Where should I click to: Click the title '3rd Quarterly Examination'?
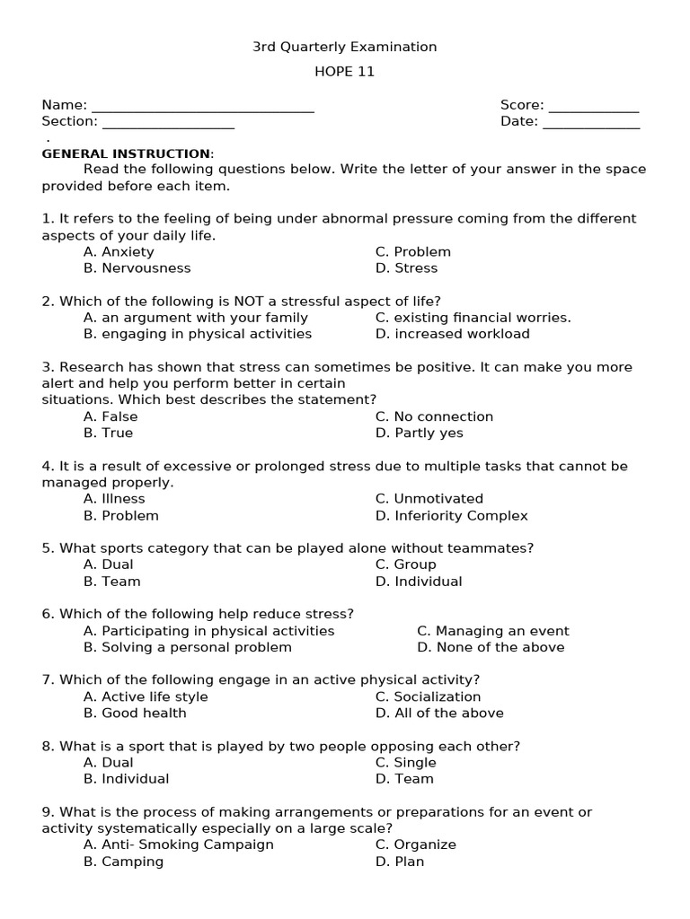pyautogui.click(x=344, y=47)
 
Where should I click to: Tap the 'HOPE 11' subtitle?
pyautogui.click(x=344, y=72)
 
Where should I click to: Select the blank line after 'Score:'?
pyautogui.click(x=593, y=107)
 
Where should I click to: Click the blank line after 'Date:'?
pyautogui.click(x=591, y=123)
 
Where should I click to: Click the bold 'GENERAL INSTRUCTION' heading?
pyautogui.click(x=127, y=153)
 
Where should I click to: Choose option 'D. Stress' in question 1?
pyautogui.click(x=406, y=268)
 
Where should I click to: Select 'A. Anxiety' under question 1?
pyautogui.click(x=119, y=252)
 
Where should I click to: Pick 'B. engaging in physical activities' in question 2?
pyautogui.click(x=198, y=334)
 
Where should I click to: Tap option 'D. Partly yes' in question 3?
pyautogui.click(x=419, y=433)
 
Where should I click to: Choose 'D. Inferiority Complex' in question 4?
pyautogui.click(x=451, y=516)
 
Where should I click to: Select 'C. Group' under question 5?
pyautogui.click(x=405, y=565)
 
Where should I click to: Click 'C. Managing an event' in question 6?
pyautogui.click(x=492, y=631)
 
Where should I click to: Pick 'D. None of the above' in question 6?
pyautogui.click(x=491, y=648)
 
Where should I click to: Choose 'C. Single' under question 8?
pyautogui.click(x=405, y=763)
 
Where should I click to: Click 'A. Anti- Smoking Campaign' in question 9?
pyautogui.click(x=179, y=845)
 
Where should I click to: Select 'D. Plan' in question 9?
pyautogui.click(x=400, y=862)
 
